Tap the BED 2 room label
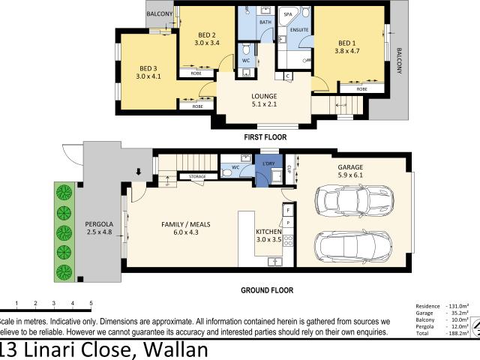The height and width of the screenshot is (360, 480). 207,39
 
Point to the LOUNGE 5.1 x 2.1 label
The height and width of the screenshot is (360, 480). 264,100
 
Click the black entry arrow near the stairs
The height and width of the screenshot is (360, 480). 137,172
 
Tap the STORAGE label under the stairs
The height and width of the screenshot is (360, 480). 197,177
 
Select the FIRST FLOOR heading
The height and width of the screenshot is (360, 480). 264,137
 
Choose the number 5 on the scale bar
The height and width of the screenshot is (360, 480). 91,304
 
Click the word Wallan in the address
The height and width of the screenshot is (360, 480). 172,349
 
